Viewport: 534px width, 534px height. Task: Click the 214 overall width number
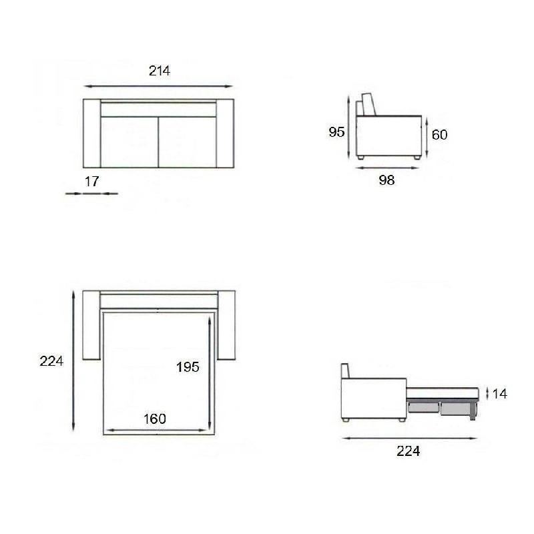tap(160, 71)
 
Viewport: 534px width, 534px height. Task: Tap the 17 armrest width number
tap(92, 181)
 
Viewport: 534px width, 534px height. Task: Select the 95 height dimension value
tap(336, 132)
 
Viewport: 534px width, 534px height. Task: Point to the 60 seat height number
tap(440, 135)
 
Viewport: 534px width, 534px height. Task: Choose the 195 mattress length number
tap(188, 367)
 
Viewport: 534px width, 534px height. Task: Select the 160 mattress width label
tap(155, 419)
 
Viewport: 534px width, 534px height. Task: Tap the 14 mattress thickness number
tap(500, 394)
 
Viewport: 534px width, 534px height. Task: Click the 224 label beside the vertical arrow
tap(51, 361)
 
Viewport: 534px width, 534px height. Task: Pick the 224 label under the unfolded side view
tap(408, 451)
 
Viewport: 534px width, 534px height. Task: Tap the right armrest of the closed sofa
tap(226, 133)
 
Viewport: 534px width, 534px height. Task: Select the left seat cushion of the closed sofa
tap(129, 142)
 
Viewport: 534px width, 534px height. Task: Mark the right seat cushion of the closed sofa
tap(188, 142)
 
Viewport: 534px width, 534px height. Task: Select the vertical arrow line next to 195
tap(210, 374)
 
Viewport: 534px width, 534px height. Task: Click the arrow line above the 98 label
tap(388, 168)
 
